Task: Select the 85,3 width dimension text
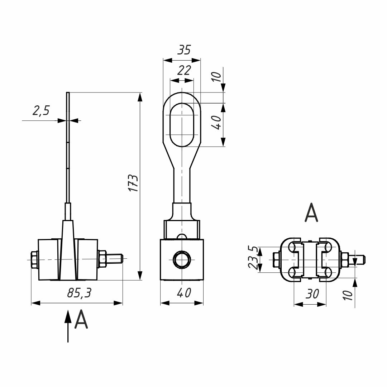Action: tap(79, 293)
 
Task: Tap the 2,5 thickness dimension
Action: tap(41, 111)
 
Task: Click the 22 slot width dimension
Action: tap(184, 70)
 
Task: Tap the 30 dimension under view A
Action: tap(312, 294)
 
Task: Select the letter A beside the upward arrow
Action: tap(81, 320)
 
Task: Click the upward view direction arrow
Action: tap(67, 326)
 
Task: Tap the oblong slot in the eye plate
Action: tap(183, 125)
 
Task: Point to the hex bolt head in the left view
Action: tap(34, 260)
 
